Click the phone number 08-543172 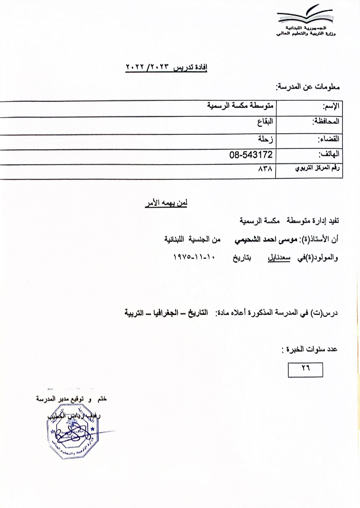tap(251, 155)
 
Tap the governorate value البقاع tap(265, 122)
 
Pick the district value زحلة tap(266, 139)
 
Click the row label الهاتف tap(329, 155)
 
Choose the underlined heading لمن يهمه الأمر tap(165, 204)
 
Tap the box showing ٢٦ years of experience tap(306, 369)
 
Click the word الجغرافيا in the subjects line tap(171, 313)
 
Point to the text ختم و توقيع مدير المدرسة tap(71, 399)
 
